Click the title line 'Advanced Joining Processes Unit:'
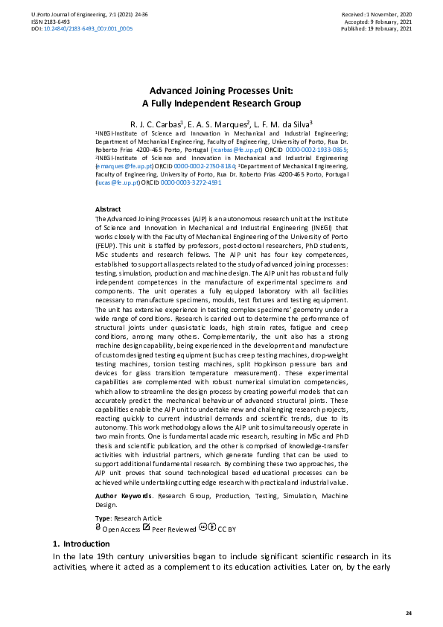(x=221, y=90)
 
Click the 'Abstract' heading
(x=108, y=210)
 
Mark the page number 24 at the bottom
(x=408, y=612)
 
